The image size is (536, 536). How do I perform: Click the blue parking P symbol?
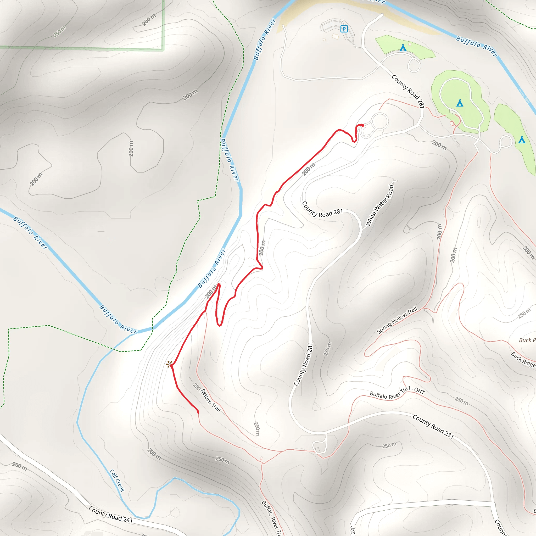[x=344, y=29]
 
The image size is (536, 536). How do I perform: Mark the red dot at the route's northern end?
[x=362, y=125]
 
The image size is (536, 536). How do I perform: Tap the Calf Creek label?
[x=117, y=481]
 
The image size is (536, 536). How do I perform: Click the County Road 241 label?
[x=111, y=514]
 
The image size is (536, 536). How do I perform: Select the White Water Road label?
[x=379, y=205]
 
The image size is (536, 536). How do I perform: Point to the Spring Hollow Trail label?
[x=397, y=320]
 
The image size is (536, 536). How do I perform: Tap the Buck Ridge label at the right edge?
[x=523, y=360]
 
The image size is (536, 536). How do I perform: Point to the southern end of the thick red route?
[x=198, y=413]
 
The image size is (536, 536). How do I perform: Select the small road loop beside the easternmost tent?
[x=506, y=141]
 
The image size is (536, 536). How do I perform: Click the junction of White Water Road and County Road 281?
[x=361, y=230]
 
